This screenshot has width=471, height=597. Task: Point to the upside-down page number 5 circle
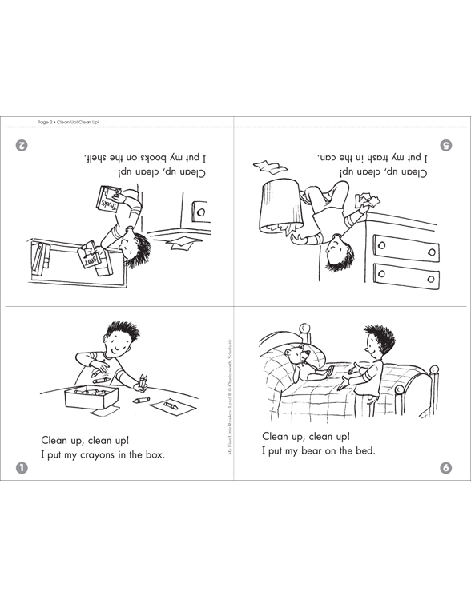click(x=447, y=145)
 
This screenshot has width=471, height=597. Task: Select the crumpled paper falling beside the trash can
click(x=269, y=167)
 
